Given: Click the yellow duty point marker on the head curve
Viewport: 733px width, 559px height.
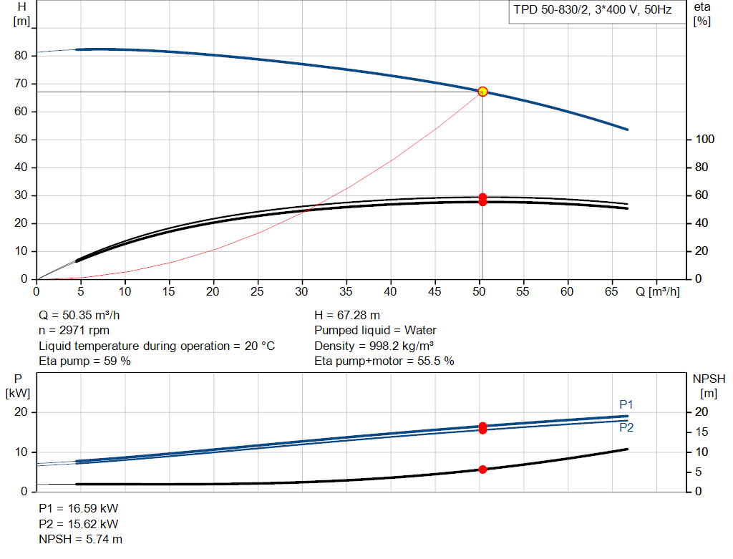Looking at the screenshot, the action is [x=482, y=92].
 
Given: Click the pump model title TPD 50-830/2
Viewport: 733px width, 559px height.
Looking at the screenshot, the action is [x=551, y=10].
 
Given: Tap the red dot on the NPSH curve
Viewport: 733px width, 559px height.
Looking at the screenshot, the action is [x=482, y=470].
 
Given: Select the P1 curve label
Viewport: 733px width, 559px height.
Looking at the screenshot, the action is [x=626, y=404].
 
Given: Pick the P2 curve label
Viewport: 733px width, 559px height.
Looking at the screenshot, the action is [x=626, y=427].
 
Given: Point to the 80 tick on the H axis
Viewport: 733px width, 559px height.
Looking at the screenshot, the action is [x=21, y=55].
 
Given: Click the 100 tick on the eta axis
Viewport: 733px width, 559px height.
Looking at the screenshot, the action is [x=704, y=140].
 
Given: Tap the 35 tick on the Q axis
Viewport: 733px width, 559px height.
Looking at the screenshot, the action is [x=346, y=291].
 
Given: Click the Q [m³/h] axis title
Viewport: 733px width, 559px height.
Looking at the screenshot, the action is [x=657, y=291].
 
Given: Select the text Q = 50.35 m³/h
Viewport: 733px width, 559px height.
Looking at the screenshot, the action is [x=79, y=316].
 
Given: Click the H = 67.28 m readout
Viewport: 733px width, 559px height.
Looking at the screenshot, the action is [x=347, y=316].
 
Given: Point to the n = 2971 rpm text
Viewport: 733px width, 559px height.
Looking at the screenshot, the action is [x=74, y=331].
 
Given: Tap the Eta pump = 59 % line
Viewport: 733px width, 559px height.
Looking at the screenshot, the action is [x=84, y=361].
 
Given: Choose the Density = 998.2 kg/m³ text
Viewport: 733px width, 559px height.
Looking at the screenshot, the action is [x=374, y=346].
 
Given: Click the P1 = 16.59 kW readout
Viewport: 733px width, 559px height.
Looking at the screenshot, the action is [x=79, y=508].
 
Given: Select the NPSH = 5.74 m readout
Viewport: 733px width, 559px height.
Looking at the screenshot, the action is [x=80, y=540].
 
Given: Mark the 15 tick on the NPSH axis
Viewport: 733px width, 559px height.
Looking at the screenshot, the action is [x=702, y=432].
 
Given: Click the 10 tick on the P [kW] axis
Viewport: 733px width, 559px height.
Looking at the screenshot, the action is [x=21, y=452].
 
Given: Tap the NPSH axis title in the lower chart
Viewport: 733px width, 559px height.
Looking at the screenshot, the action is [x=709, y=386].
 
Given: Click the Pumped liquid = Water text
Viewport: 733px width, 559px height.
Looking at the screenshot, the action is [x=375, y=331].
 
